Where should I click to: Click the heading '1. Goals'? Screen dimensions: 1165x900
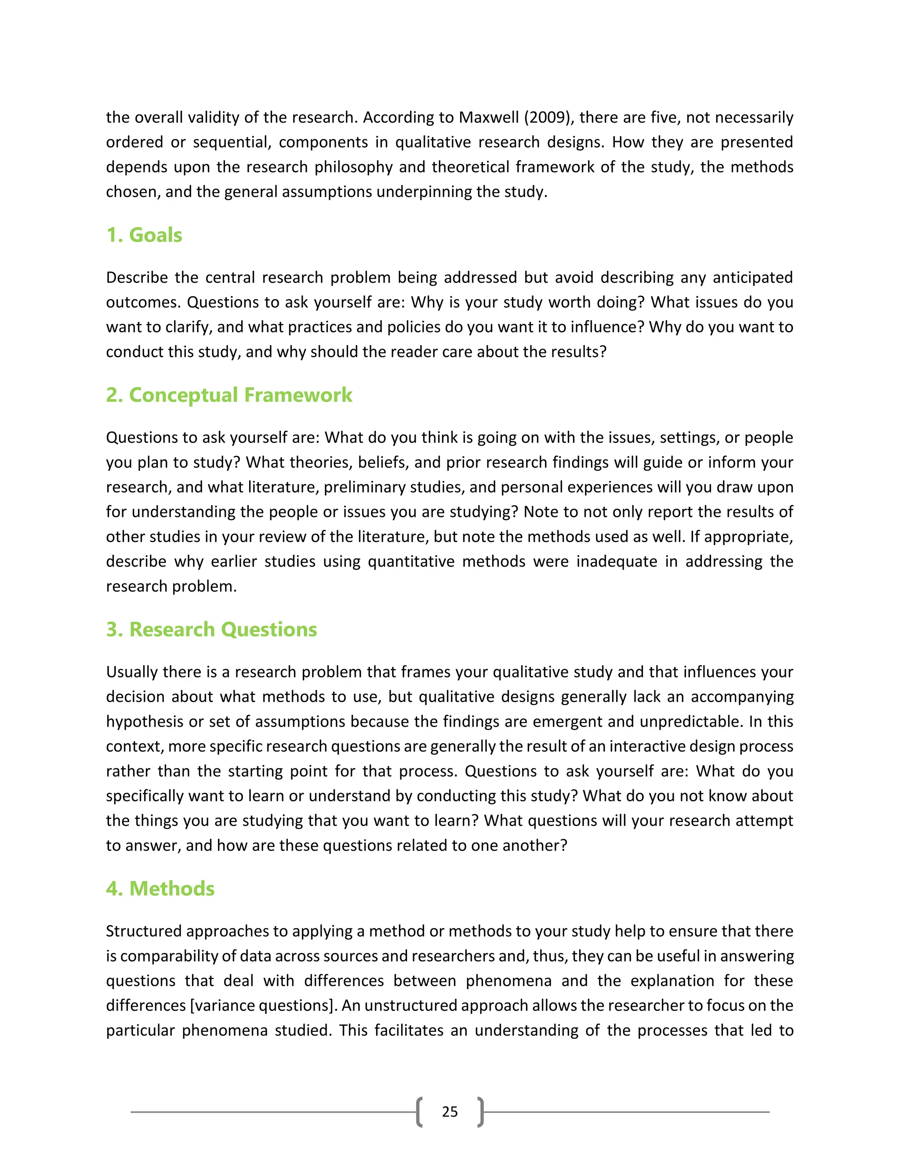[x=144, y=235]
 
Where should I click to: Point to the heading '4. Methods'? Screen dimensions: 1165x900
[x=160, y=888]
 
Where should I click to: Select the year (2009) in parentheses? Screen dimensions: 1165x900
[x=549, y=117]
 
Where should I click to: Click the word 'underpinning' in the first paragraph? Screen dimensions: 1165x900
[x=424, y=192]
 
